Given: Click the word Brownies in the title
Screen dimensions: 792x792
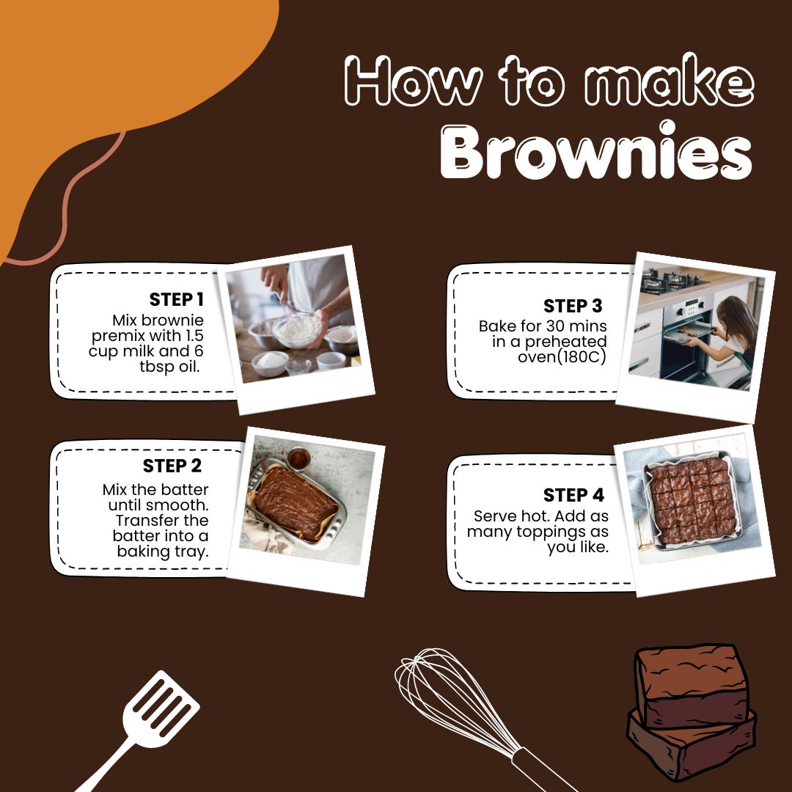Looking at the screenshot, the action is (x=596, y=151).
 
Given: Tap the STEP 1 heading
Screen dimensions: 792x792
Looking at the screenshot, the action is (x=176, y=299).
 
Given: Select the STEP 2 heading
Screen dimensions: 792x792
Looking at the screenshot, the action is (x=172, y=466).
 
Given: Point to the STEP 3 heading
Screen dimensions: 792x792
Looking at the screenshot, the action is (x=573, y=306).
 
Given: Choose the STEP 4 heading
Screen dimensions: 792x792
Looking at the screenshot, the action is (x=573, y=495).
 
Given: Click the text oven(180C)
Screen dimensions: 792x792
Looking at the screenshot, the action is (x=562, y=357).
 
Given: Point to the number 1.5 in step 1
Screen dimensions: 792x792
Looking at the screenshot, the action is (x=192, y=335).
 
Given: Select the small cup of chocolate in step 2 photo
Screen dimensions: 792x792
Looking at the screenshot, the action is (x=298, y=458).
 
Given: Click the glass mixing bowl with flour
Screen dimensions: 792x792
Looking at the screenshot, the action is (x=297, y=330).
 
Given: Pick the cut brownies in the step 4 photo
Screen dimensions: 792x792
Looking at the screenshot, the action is (x=693, y=501).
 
